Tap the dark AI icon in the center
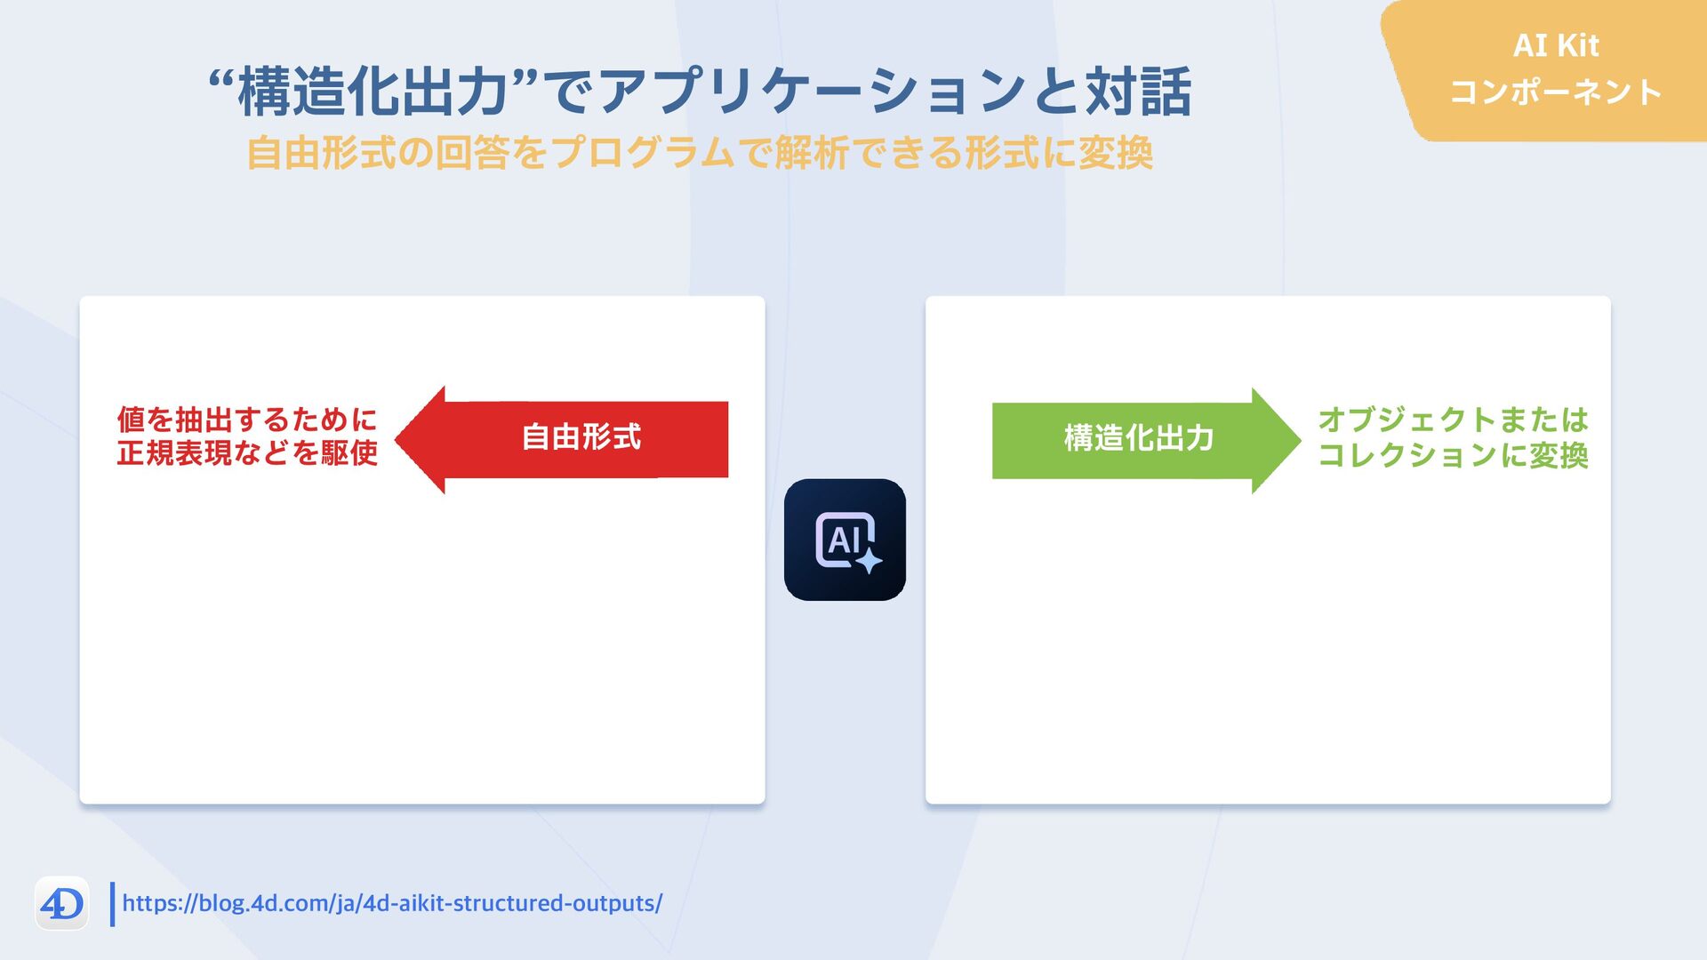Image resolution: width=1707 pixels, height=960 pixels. click(845, 540)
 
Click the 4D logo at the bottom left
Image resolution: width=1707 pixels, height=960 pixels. click(61, 904)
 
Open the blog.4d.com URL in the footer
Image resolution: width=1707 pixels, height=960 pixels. click(392, 903)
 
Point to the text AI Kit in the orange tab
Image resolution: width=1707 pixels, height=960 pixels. click(1555, 45)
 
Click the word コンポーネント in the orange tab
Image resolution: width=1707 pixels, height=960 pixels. click(1555, 92)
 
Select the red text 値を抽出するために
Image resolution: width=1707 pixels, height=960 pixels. click(247, 419)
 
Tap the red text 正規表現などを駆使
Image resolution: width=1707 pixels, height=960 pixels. click(247, 453)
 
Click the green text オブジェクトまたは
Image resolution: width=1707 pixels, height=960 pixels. click(1453, 419)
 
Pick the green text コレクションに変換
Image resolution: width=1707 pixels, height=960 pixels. click(1453, 455)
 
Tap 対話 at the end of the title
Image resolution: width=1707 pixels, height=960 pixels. click(1137, 92)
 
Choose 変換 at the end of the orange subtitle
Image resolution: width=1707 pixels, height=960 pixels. click(1115, 153)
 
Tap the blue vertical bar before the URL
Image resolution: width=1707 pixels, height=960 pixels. click(112, 904)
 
